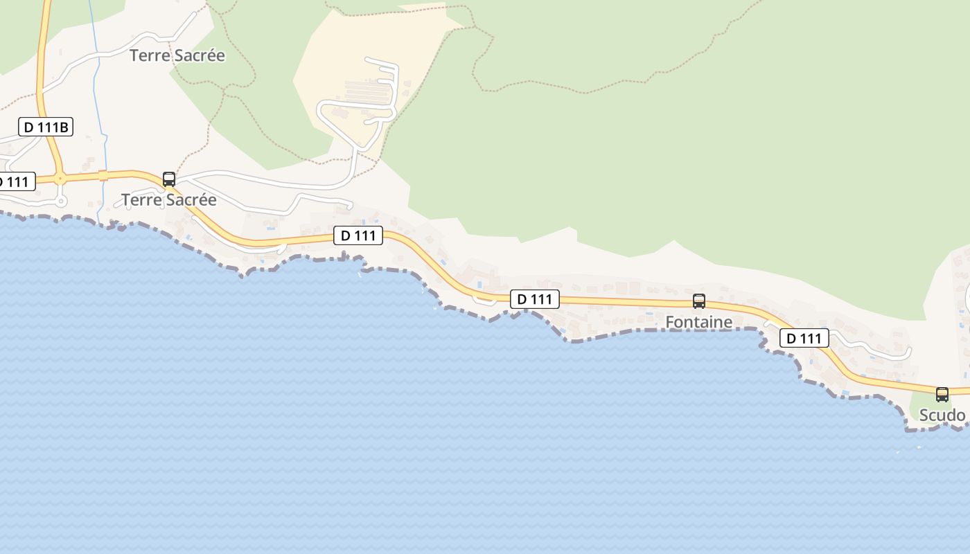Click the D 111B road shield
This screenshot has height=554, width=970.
[x=46, y=127]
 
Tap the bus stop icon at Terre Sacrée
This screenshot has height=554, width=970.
[x=168, y=179]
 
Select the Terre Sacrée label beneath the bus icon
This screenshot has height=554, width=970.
[x=169, y=200]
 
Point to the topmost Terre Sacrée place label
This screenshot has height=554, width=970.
[x=177, y=55]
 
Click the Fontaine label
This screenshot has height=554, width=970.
[x=698, y=322]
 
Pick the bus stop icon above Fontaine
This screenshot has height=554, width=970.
[x=699, y=301]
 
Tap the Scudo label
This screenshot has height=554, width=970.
[x=942, y=415]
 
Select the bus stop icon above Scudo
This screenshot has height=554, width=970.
[x=942, y=394]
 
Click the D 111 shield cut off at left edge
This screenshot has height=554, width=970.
[x=15, y=182]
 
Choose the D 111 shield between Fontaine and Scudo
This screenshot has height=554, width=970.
[x=804, y=338]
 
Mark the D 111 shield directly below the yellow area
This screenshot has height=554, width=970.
[x=358, y=235]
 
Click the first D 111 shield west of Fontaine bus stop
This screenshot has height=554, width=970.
[x=534, y=299]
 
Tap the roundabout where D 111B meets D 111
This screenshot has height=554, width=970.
[x=61, y=178]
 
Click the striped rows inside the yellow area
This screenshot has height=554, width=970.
[x=367, y=90]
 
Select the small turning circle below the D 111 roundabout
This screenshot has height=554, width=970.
[x=62, y=202]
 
